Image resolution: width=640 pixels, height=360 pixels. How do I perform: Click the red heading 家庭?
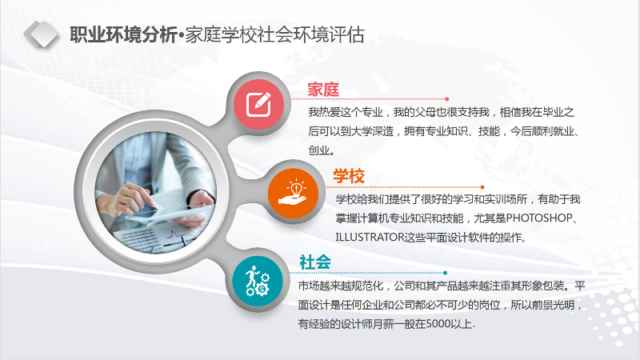(323, 90)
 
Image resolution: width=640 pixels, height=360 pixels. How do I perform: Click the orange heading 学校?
(349, 176)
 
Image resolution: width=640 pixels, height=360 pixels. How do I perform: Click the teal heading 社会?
(314, 262)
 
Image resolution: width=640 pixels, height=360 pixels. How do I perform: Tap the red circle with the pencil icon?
(258, 105)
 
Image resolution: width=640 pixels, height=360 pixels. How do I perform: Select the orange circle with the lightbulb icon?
(293, 193)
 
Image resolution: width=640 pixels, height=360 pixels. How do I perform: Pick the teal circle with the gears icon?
(258, 282)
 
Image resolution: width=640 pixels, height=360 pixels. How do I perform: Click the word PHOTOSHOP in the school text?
(539, 218)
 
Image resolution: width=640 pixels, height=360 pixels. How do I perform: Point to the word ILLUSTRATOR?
(370, 237)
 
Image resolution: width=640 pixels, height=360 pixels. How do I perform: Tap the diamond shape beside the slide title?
(41, 34)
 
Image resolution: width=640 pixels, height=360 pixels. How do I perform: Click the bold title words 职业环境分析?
(123, 34)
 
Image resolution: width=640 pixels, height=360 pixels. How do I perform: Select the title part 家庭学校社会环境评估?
(274, 34)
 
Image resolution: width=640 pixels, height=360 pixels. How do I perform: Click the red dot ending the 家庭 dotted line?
(447, 99)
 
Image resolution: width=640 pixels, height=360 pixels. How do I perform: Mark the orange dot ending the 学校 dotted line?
(482, 187)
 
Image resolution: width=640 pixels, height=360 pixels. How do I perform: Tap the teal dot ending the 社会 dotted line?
(445, 273)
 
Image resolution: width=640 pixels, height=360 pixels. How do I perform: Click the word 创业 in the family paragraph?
(318, 150)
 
